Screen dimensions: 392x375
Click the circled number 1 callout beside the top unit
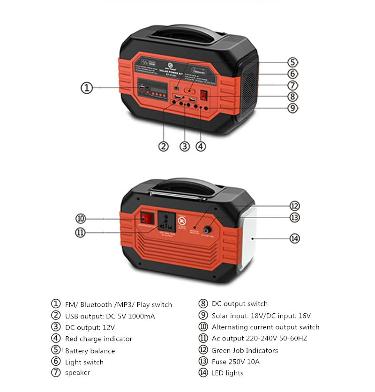[x=87, y=88]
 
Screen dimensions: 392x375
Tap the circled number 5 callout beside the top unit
[x=292, y=62]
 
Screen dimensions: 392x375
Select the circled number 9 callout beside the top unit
[x=292, y=108]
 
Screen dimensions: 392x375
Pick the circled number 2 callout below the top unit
[x=163, y=146]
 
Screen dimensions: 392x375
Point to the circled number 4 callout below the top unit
[x=200, y=146]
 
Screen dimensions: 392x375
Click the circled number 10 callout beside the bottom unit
[x=81, y=219]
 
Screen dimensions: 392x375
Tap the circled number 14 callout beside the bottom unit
[x=294, y=238]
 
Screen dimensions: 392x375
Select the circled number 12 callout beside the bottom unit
[x=294, y=206]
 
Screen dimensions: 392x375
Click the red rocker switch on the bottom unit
[x=147, y=218]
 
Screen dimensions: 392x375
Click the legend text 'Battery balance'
[x=90, y=351]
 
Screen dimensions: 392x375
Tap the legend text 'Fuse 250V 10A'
[x=235, y=362]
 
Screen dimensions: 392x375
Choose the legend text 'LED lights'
[x=227, y=373]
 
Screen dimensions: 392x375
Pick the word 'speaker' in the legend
[x=77, y=373]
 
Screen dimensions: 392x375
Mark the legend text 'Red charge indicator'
[x=98, y=339]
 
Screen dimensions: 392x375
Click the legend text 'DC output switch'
[x=240, y=303]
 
